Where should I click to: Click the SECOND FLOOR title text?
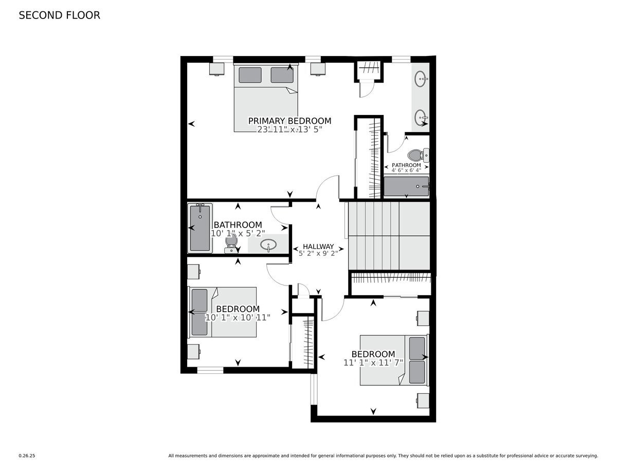[59, 15]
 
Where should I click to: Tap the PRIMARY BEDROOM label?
[289, 121]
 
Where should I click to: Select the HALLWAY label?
[318, 246]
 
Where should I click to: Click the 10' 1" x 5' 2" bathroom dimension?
[238, 233]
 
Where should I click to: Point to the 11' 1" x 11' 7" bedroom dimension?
[373, 363]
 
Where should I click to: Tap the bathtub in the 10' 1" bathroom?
[200, 227]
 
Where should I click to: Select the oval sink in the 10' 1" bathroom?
[267, 245]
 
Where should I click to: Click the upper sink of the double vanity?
[422, 79]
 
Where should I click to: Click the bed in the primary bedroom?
[266, 98]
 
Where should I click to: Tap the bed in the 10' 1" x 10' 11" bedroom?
[223, 312]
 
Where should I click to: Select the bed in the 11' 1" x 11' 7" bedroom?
[393, 359]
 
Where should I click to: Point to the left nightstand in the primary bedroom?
[216, 69]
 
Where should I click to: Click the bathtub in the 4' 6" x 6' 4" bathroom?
[406, 186]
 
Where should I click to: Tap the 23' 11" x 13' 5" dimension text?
[289, 130]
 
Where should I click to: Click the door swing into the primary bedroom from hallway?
[328, 188]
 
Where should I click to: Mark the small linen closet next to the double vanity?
[369, 70]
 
